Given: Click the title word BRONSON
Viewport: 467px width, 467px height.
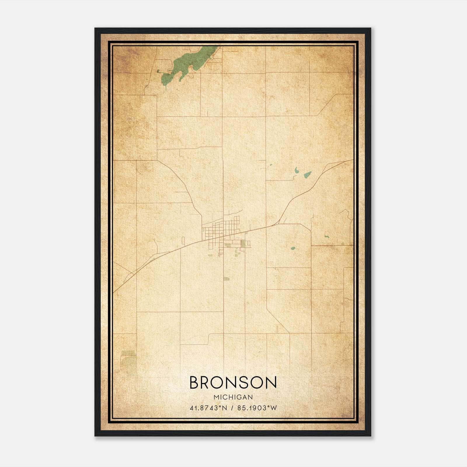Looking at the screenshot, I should coord(233,383).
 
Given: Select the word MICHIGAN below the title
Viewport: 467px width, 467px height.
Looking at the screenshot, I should coord(233,397).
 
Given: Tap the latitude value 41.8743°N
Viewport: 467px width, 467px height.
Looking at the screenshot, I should coord(208,408).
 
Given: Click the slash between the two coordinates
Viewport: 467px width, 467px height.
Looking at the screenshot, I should coord(232,408).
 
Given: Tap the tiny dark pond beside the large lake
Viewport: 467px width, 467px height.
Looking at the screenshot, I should coord(158,71).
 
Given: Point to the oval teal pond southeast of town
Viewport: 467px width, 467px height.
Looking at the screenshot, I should coord(293,249).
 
